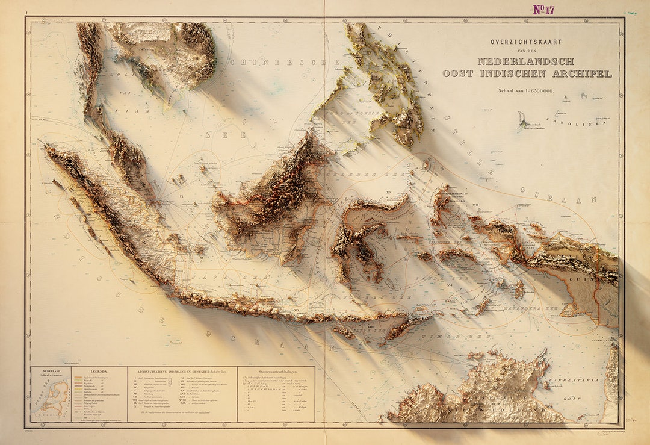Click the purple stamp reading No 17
click(x=544, y=9)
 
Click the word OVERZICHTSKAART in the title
click(x=526, y=42)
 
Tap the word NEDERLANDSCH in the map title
click(x=525, y=61)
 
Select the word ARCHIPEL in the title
click(x=582, y=74)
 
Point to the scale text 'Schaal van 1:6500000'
click(x=526, y=90)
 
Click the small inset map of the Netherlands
click(x=52, y=398)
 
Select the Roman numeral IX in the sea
click(x=179, y=196)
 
